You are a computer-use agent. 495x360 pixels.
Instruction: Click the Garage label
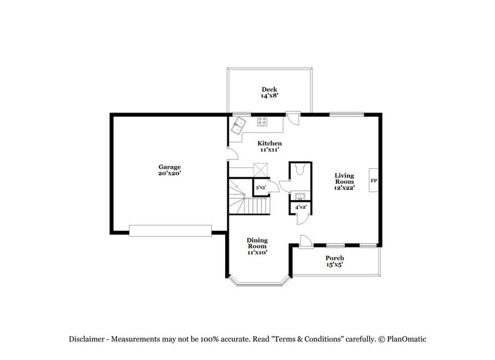coord(169,170)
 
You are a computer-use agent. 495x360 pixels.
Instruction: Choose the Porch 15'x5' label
coord(334,261)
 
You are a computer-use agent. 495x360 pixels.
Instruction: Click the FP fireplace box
coord(373,181)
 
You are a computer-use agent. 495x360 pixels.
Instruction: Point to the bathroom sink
coord(300,197)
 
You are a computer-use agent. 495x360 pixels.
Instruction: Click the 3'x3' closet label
coord(260,188)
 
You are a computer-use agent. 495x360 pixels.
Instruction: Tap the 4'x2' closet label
coord(300,208)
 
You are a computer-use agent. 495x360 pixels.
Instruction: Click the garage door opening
coord(170,230)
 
